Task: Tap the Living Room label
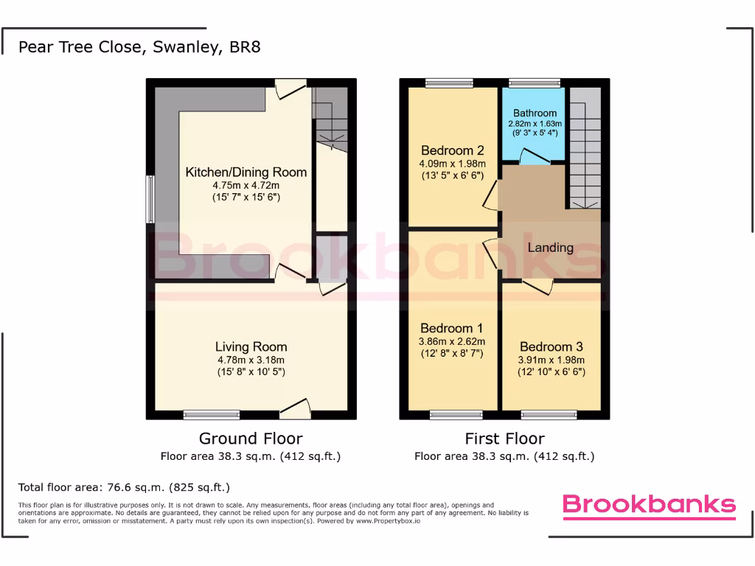[251, 346]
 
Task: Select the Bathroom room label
[535, 113]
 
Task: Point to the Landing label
[550, 248]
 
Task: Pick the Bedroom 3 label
[551, 346]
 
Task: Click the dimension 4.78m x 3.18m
[251, 360]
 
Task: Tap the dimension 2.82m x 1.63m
[535, 124]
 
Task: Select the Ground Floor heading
[251, 439]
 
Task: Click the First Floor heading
[504, 439]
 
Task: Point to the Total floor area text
[124, 487]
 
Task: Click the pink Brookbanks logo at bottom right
[649, 505]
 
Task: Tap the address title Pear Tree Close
[139, 47]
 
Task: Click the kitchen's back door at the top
[290, 88]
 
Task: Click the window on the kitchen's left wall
[150, 198]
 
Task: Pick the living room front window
[211, 414]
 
